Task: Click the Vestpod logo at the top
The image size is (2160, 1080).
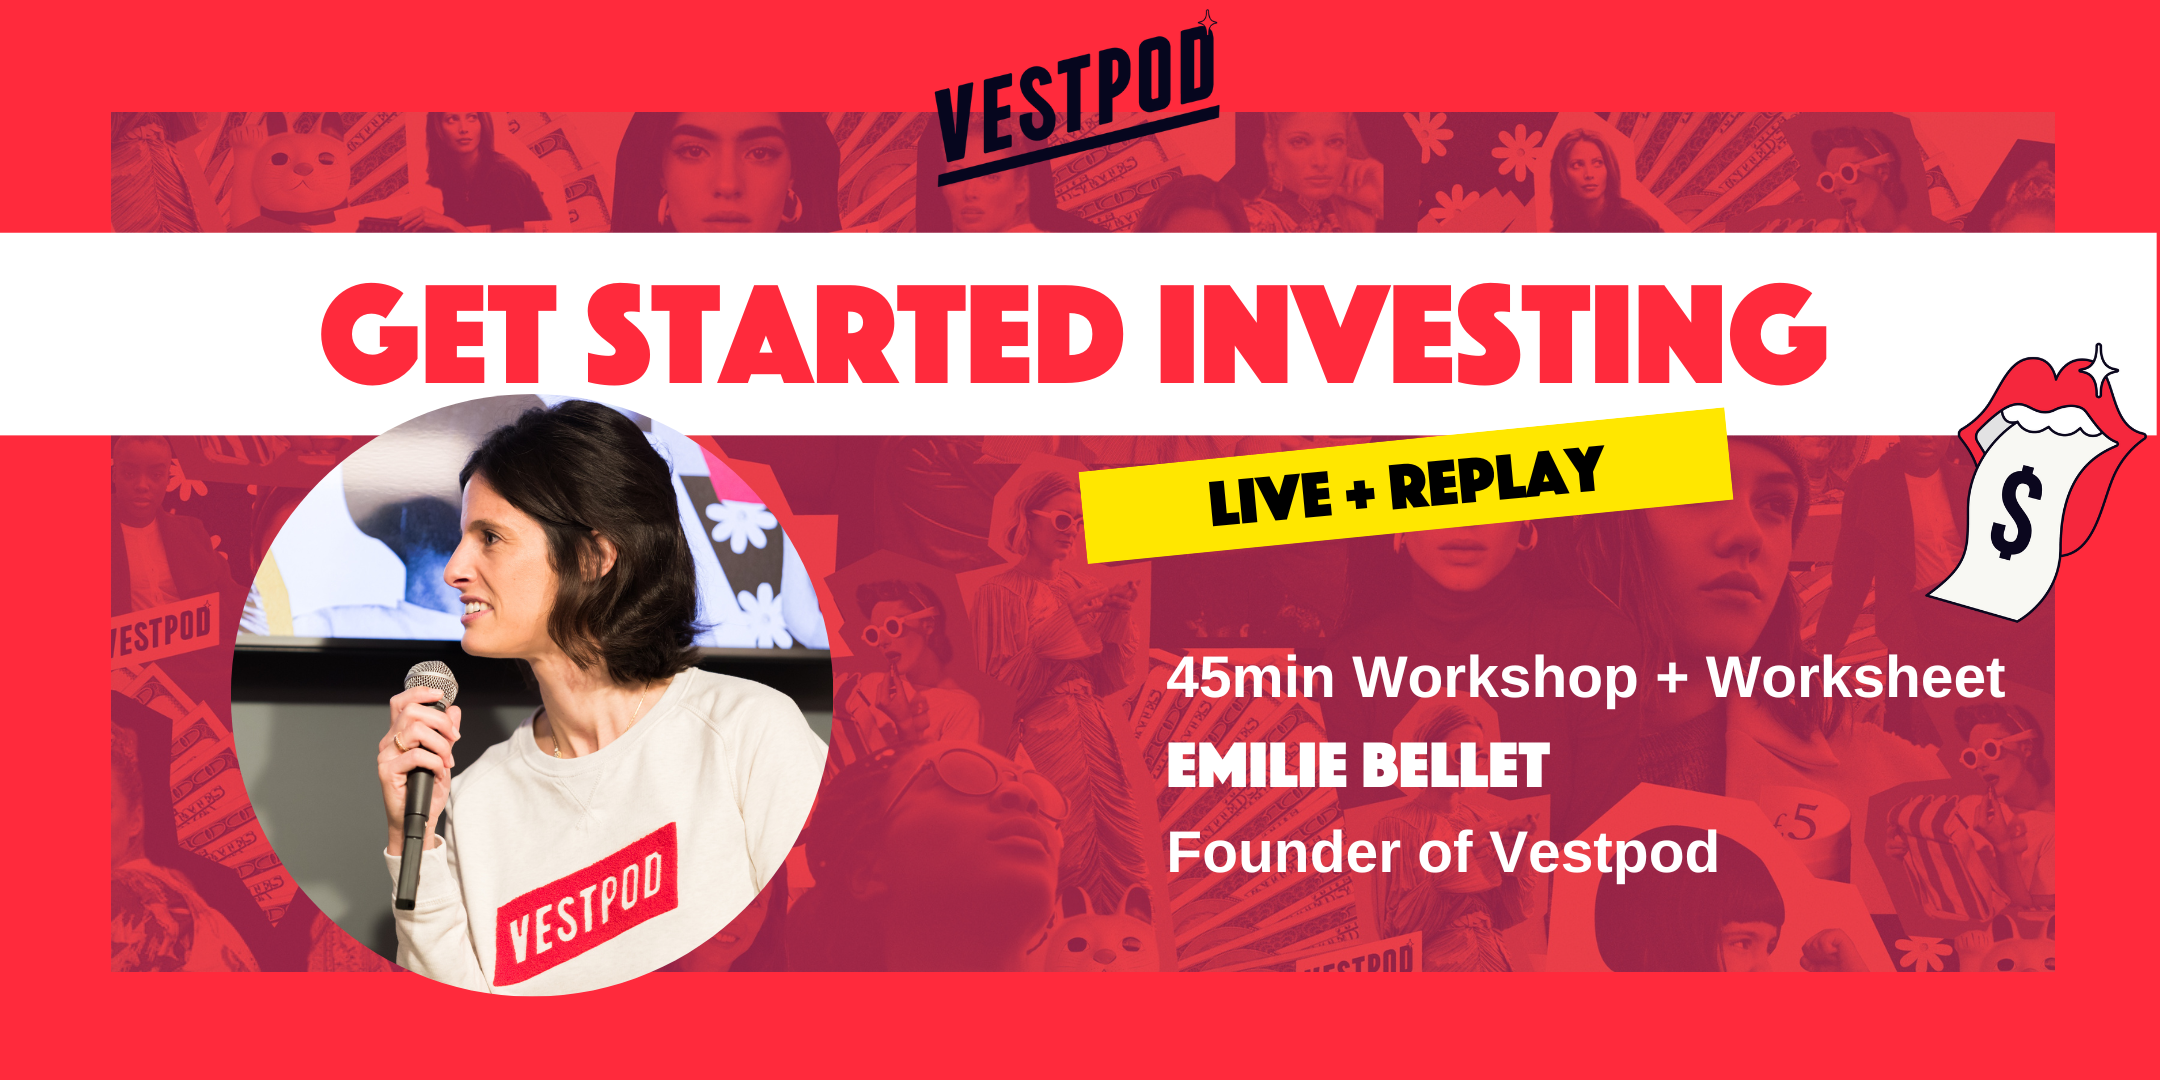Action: [x=1076, y=100]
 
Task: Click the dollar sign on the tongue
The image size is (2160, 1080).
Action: [x=2014, y=512]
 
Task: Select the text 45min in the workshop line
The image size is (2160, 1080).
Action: [x=1250, y=678]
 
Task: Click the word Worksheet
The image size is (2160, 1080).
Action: [x=1855, y=678]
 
